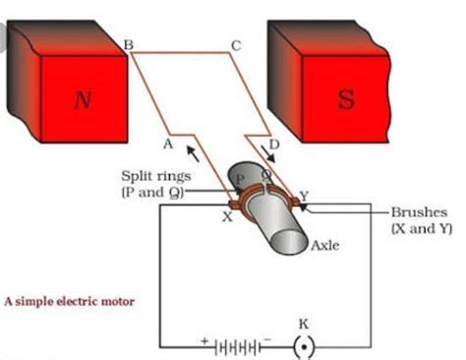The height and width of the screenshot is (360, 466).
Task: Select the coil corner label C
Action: tap(233, 44)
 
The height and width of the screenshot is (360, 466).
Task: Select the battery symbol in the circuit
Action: tap(236, 347)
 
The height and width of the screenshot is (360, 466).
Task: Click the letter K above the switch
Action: tap(304, 322)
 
